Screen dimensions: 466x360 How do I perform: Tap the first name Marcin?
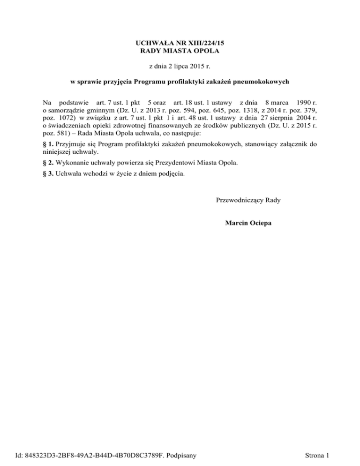coord(237,224)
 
